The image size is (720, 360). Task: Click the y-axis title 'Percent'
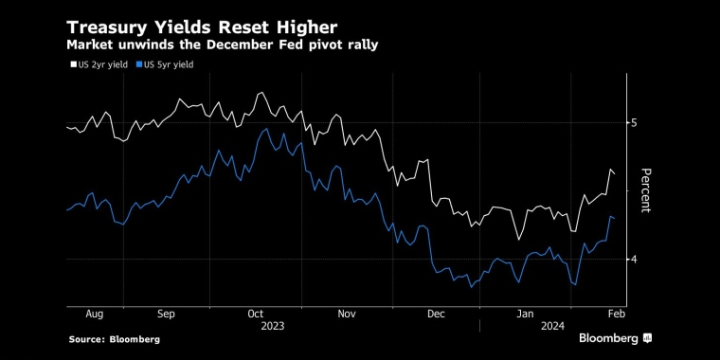coord(646,189)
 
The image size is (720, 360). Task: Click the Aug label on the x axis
coord(94,313)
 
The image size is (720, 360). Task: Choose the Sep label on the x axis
coord(167,313)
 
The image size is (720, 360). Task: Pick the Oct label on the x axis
coord(256,313)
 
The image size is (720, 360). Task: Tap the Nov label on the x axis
coord(346,313)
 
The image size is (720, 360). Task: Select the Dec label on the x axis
coord(436,313)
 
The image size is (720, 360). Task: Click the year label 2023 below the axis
coord(271,326)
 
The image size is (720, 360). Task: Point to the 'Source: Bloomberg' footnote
coord(114,339)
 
